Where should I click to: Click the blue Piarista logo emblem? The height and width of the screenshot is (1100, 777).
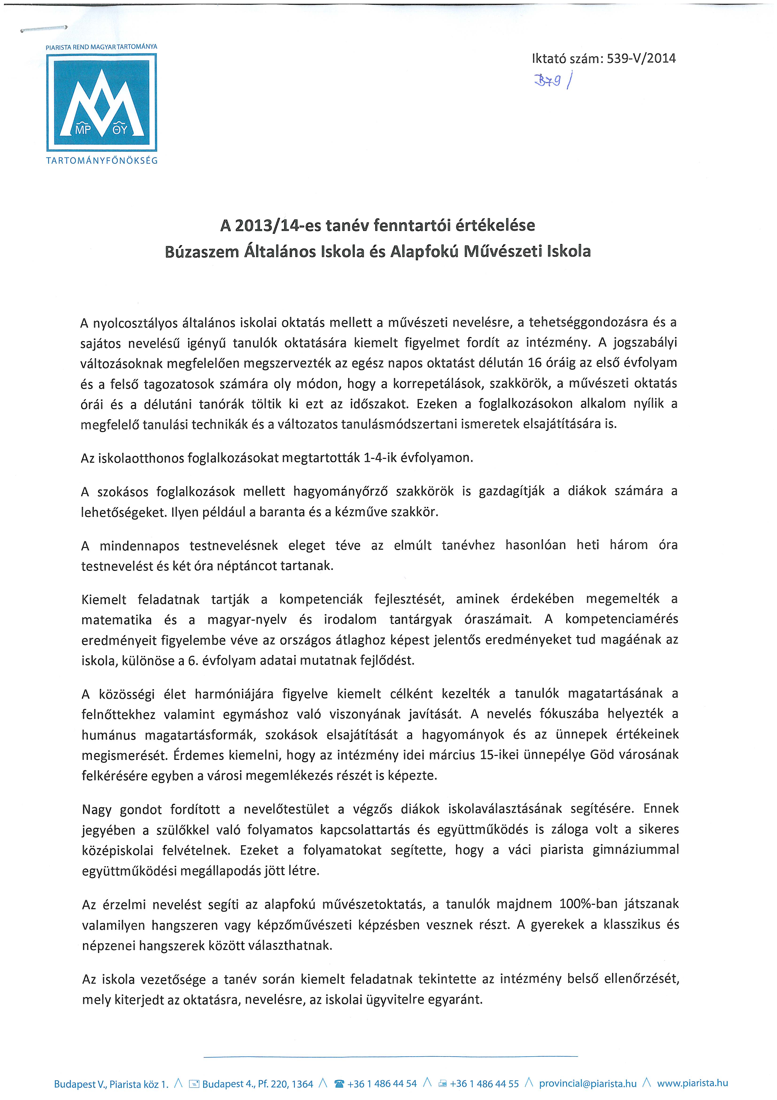102,103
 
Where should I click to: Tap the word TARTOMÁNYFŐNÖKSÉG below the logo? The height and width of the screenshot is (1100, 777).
102,161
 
